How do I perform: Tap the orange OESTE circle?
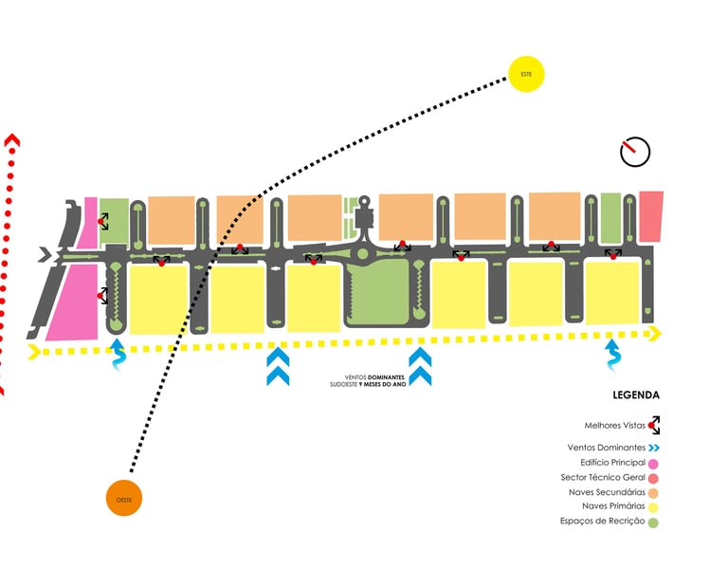[124, 497]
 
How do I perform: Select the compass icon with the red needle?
[634, 151]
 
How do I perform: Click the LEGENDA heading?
[636, 395]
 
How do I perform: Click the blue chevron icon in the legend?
[654, 447]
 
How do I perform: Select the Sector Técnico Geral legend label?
[610, 477]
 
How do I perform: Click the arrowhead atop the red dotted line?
[12, 141]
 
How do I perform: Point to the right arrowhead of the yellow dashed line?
[655, 333]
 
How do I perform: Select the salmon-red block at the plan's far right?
[650, 216]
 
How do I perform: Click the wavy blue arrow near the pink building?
[118, 355]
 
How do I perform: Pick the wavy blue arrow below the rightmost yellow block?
[613, 357]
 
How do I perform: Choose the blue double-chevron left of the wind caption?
[278, 367]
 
